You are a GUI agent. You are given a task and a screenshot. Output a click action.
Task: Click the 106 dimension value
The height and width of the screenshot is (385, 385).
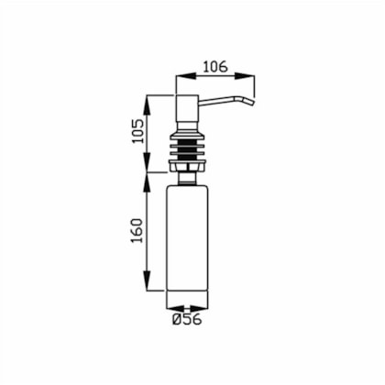click(x=215, y=67)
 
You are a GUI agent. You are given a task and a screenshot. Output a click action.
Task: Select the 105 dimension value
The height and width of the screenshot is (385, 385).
click(x=137, y=131)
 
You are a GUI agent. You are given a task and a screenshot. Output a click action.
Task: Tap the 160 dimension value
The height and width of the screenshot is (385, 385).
click(x=137, y=230)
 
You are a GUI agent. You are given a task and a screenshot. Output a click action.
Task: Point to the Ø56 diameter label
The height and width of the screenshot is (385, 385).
click(x=187, y=319)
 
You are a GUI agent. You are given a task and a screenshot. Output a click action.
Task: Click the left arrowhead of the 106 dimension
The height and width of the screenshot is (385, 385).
click(x=185, y=76)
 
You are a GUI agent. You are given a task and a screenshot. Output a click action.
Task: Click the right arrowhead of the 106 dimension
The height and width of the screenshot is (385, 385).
click(x=244, y=76)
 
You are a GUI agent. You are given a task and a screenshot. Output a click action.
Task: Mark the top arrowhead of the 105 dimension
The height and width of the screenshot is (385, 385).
click(x=148, y=104)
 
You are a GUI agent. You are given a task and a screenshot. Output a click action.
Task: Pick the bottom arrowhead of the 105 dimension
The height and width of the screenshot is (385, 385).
click(x=148, y=162)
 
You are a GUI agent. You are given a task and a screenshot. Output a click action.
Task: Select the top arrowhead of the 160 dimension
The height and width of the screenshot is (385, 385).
click(x=148, y=182)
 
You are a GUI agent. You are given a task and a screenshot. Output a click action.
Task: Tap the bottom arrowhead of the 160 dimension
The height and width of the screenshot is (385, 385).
click(x=148, y=280)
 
